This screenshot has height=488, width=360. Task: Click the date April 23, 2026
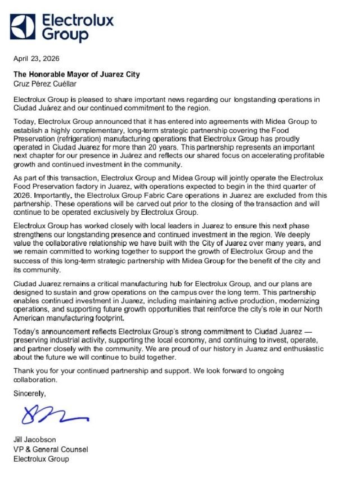(36, 58)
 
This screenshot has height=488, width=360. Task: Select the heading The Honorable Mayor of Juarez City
(76, 74)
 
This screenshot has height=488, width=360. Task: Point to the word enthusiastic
(308, 349)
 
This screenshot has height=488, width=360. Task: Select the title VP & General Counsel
(51, 449)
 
